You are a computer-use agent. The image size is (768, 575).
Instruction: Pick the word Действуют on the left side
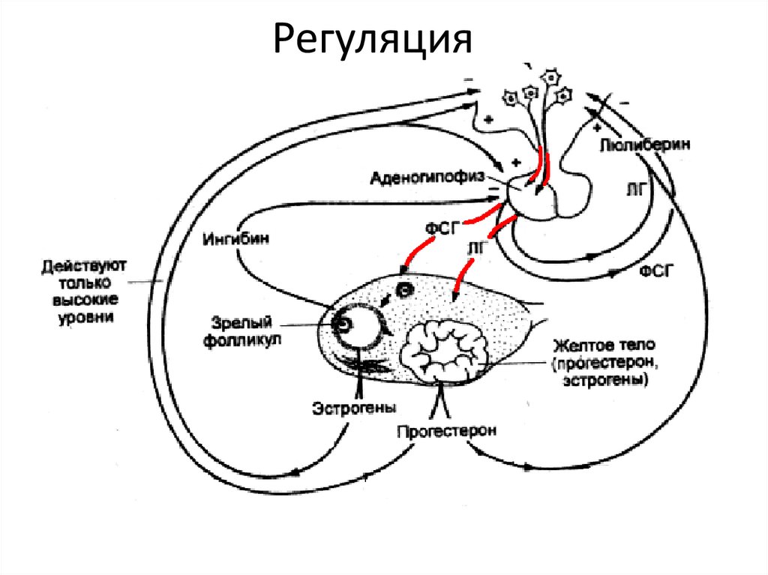click(x=85, y=268)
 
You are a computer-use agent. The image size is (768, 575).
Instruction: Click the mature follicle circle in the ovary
click(x=355, y=324)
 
